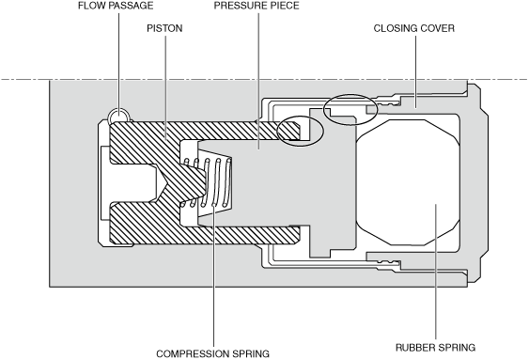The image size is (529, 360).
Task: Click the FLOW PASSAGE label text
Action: tap(116, 6)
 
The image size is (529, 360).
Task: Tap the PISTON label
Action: tap(164, 28)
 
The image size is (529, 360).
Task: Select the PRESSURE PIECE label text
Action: tap(257, 6)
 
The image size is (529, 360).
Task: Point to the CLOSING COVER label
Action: tap(414, 28)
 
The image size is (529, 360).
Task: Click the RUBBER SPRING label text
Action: tap(435, 348)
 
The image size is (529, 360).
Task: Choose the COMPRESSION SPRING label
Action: tap(213, 354)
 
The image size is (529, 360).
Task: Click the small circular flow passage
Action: tap(118, 116)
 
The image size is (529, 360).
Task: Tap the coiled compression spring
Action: tap(208, 182)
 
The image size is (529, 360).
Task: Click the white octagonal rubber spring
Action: tap(408, 182)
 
